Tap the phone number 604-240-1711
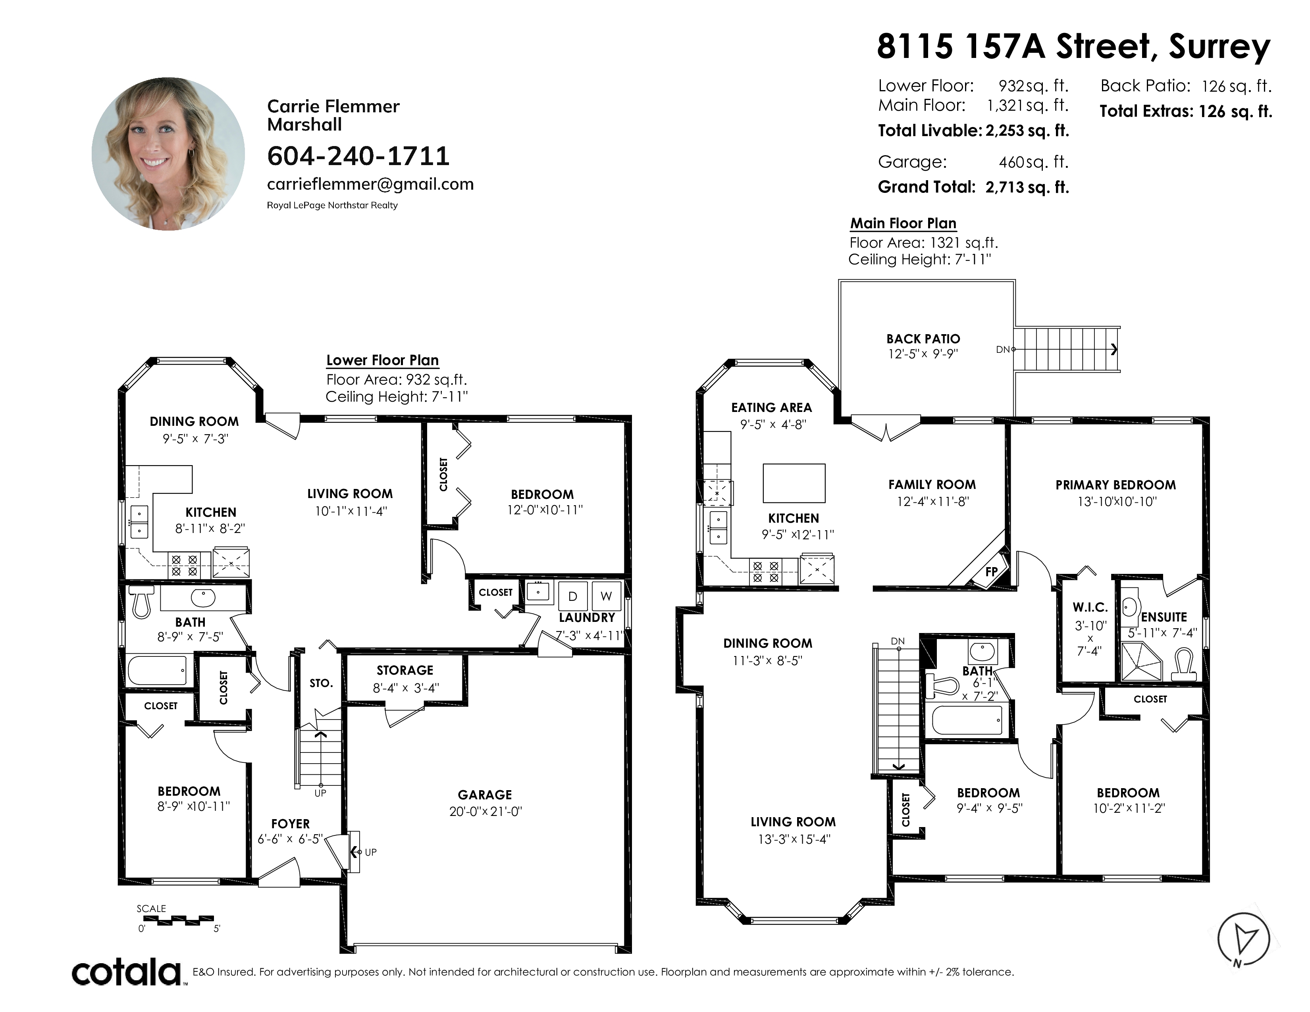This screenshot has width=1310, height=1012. pyautogui.click(x=358, y=156)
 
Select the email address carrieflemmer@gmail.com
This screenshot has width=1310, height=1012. pyautogui.click(x=370, y=184)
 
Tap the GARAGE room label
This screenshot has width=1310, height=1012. pyautogui.click(x=485, y=795)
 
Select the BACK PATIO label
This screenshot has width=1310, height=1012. pyautogui.click(x=923, y=339)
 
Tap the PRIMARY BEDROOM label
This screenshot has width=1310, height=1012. pyautogui.click(x=1115, y=485)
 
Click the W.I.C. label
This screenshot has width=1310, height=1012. pyautogui.click(x=1090, y=607)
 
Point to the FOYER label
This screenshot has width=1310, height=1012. pyautogui.click(x=290, y=824)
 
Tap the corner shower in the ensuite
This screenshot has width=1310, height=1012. pyautogui.click(x=1142, y=661)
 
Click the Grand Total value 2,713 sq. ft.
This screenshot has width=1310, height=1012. pyautogui.click(x=1027, y=187)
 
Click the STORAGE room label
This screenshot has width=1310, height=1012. pyautogui.click(x=405, y=670)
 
